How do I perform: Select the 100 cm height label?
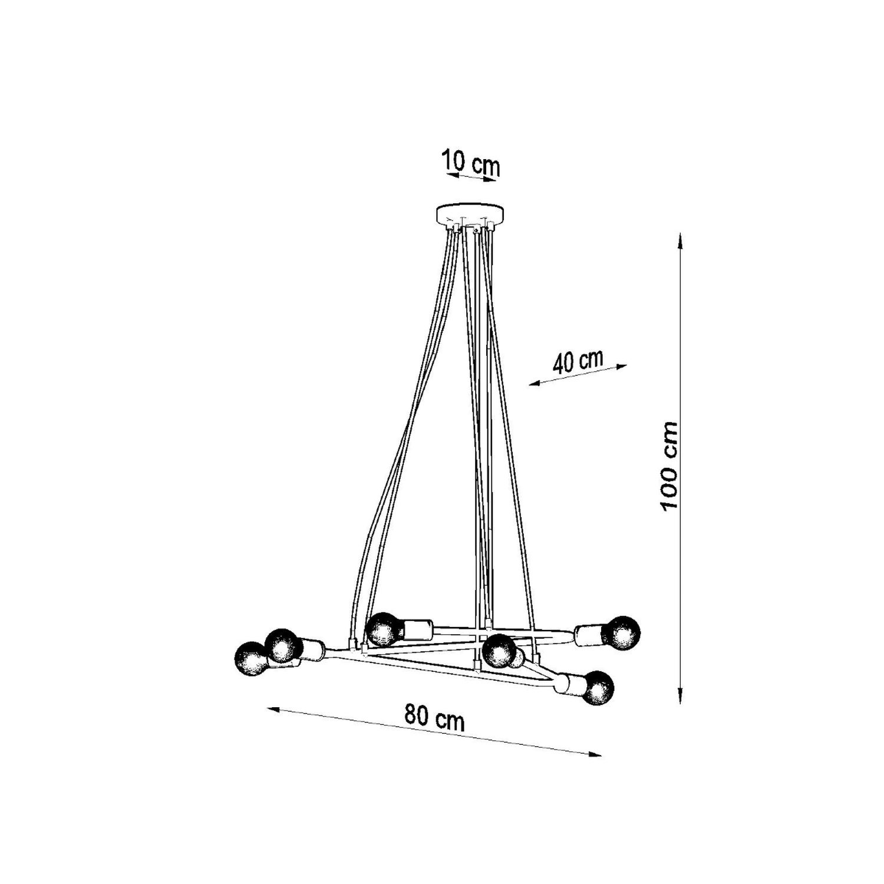[x=669, y=466]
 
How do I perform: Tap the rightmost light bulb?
[x=622, y=634]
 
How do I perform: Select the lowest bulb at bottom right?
[x=596, y=688]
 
